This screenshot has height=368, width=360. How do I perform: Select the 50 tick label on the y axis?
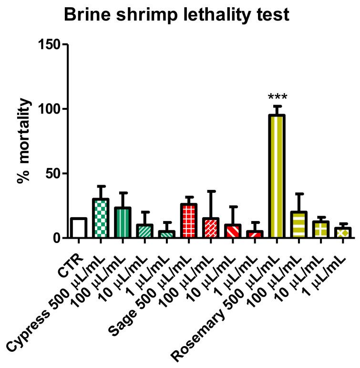coord(53,174)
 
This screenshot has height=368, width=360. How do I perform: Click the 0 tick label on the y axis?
coord(57,238)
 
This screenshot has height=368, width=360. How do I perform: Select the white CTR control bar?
coord(79,228)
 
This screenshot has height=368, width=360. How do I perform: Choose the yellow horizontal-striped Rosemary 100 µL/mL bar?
coord(298,225)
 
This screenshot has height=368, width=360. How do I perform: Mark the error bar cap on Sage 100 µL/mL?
coord(211,191)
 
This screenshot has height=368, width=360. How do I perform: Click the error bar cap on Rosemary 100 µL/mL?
coord(298,193)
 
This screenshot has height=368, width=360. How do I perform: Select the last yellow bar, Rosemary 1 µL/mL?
coord(342,232)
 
